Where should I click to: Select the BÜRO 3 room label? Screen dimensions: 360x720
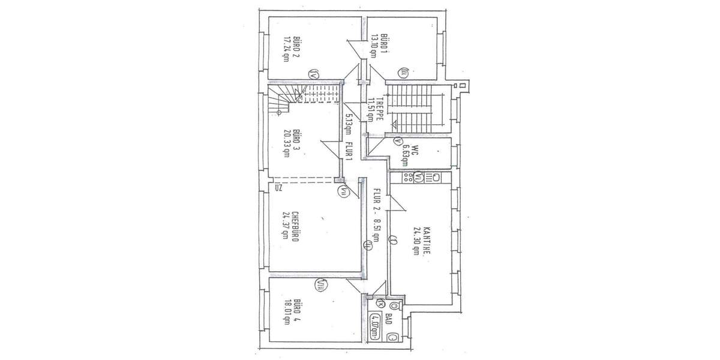pos(296,142)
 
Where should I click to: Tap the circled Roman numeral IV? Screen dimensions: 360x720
pos(313,74)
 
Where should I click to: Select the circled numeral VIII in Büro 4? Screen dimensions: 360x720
pos(322,286)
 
